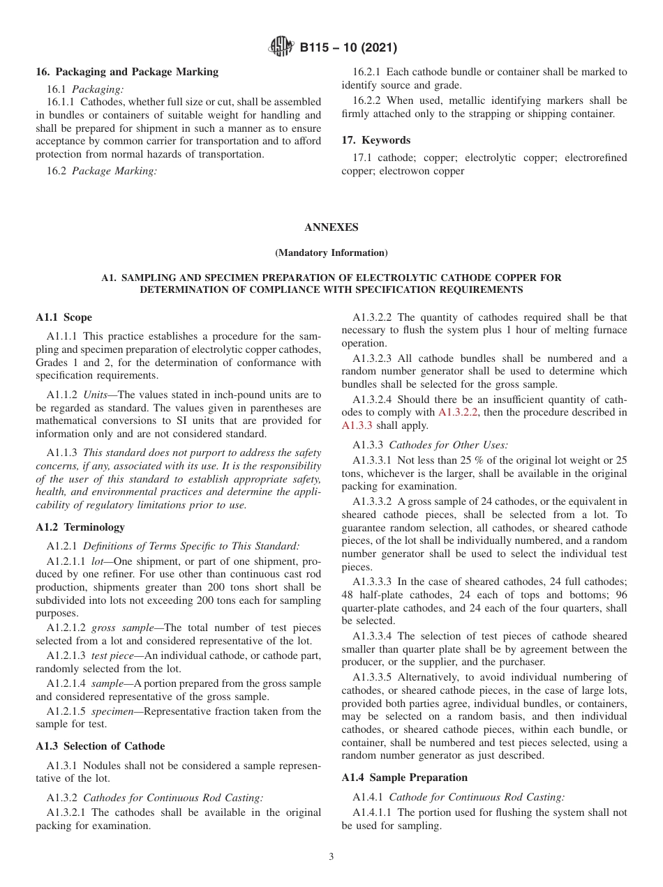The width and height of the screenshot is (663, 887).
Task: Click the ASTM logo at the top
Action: click(x=281, y=48)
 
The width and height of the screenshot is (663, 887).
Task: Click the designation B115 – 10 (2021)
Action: click(x=348, y=48)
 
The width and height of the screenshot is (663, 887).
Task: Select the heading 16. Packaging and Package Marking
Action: click(x=127, y=72)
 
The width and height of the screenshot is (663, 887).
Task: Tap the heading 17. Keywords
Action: click(x=375, y=140)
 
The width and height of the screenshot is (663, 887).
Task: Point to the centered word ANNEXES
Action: click(x=331, y=227)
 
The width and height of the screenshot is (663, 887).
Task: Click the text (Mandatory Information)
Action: click(x=331, y=252)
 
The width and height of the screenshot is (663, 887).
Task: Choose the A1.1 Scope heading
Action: click(x=64, y=317)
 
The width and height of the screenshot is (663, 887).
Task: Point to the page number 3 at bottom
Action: click(x=331, y=857)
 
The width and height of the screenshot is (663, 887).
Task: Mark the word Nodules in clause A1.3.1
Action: click(x=89, y=766)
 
